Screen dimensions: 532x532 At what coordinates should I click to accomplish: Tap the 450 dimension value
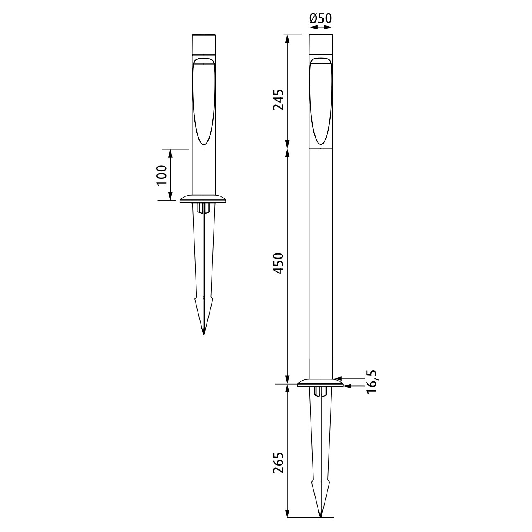(279, 264)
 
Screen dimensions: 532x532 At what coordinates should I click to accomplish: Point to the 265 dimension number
(279, 462)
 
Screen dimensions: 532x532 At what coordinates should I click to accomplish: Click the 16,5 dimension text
(372, 381)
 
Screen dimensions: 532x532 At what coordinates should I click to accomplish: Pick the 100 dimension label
(162, 175)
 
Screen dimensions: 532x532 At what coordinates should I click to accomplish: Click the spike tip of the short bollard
(204, 333)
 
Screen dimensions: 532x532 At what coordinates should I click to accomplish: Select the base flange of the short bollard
(204, 199)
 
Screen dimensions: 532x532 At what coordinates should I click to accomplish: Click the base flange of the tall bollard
(320, 383)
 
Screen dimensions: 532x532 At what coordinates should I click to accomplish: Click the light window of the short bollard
(204, 102)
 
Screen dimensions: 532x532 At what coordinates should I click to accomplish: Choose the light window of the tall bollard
(320, 102)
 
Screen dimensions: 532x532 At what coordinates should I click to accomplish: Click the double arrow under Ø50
(320, 27)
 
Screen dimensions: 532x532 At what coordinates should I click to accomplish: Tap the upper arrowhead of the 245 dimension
(288, 39)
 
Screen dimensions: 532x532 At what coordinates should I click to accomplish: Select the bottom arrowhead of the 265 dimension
(288, 513)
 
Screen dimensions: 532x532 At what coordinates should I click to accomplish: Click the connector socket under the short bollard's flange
(204, 208)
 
